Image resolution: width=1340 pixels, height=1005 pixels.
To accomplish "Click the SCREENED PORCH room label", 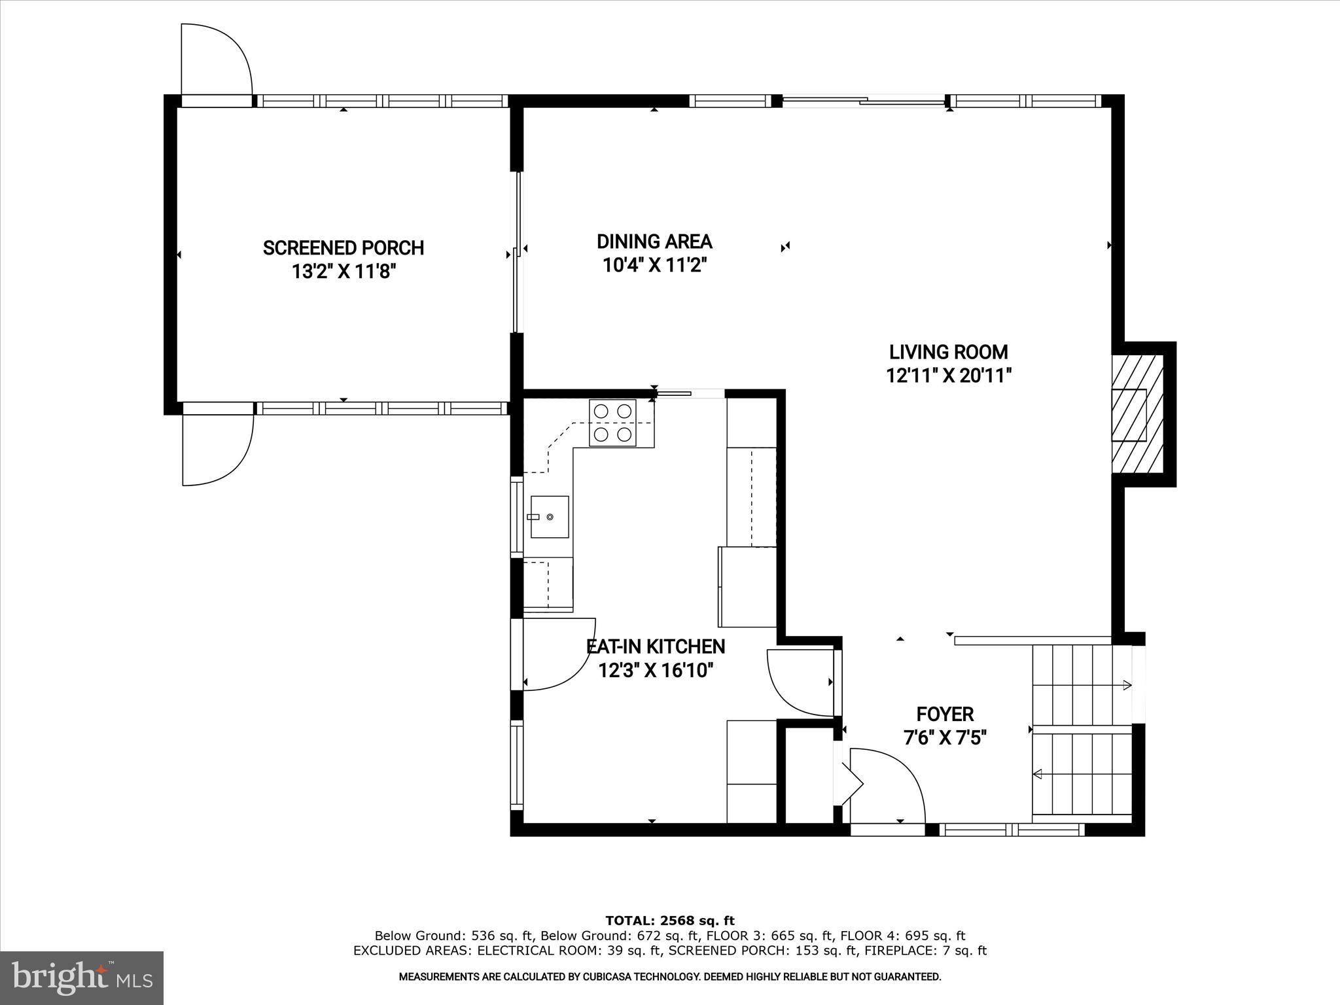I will coord(344,248).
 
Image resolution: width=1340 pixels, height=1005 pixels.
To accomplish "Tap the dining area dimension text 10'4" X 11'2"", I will coord(655,265).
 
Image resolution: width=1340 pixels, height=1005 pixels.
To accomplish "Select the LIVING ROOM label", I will coord(948,352).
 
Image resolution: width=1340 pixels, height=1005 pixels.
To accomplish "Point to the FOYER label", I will coord(945,714).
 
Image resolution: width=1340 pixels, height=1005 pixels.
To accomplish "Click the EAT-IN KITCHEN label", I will coord(656,646).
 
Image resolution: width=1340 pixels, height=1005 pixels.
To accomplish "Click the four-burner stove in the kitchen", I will coord(612,423).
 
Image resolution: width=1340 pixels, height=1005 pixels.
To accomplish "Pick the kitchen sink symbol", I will coord(549,517).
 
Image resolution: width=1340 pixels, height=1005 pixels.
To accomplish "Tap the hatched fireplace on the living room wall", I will coord(1137,414).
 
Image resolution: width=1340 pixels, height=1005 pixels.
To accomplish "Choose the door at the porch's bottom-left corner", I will coord(216,450).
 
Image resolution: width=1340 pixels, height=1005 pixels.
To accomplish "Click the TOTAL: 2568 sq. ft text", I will coord(669,921).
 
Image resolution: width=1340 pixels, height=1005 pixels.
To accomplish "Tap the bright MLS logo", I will coord(82,978).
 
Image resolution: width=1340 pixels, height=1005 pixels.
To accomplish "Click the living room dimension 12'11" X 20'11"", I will coord(949,376).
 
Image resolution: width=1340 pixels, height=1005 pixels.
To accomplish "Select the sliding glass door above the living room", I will coord(864,101).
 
